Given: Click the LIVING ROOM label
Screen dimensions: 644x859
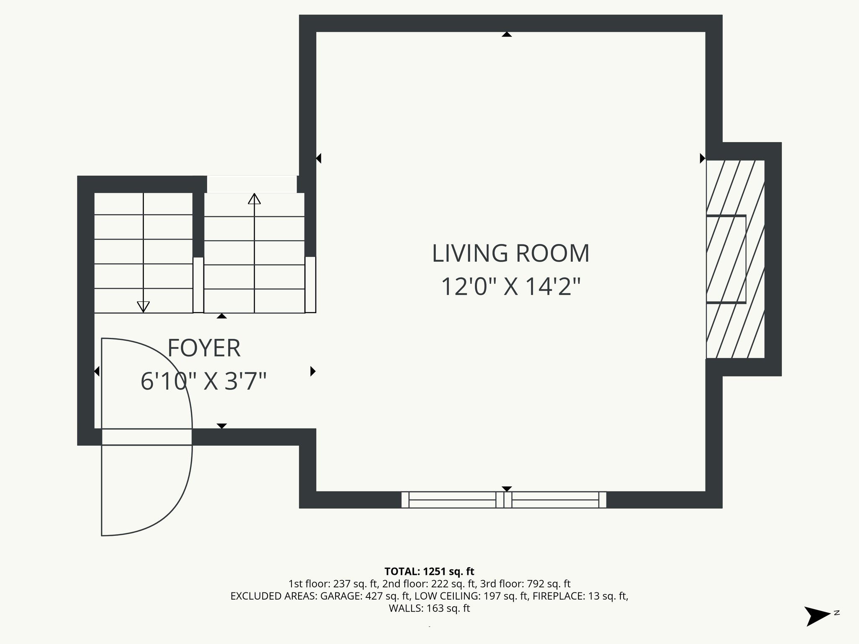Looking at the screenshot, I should [510, 254].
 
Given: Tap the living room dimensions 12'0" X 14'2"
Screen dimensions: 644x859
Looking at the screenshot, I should [510, 287].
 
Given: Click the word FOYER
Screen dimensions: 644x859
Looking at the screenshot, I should [204, 348].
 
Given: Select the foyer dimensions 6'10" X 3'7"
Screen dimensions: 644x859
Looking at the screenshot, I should [204, 382].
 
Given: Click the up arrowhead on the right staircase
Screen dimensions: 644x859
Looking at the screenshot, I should [254, 199].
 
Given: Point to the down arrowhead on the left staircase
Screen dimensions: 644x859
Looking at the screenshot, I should [143, 306].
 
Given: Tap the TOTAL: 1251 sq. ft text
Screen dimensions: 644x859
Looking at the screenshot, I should [429, 571].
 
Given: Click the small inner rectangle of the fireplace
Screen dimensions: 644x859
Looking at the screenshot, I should [726, 259].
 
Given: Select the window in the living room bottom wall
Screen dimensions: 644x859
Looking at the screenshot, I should [504, 500].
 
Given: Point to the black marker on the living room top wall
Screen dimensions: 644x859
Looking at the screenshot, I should [507, 34].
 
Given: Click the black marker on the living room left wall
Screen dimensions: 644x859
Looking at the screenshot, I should [318, 158].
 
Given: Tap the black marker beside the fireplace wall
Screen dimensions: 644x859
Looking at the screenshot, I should [703, 158].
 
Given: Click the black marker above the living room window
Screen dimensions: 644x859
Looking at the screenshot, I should [507, 489].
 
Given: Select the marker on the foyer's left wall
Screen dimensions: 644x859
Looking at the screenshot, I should [96, 371].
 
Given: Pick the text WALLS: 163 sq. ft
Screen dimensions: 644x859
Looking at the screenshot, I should [429, 608].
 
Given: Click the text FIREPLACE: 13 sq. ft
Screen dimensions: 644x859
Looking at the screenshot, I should [580, 596].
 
